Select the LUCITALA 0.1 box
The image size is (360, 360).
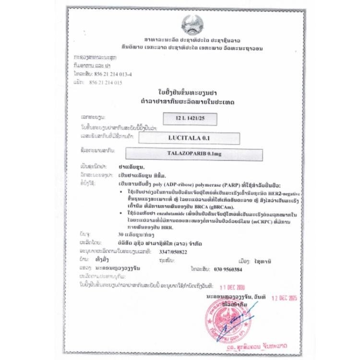click(x=189, y=138)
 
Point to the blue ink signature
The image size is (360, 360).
click(x=240, y=322)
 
